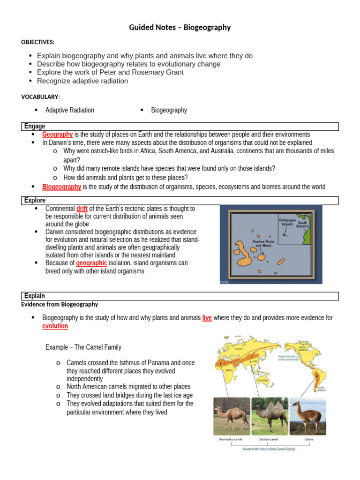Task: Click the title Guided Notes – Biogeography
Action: pos(180,27)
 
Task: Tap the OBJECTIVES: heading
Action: pos(38,42)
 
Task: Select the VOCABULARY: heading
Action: pos(40,97)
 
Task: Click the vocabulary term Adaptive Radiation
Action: pos(69,110)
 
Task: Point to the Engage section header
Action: pos(35,126)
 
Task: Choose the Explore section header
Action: pos(35,201)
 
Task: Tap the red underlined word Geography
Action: pos(57,135)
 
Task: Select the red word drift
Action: pos(82,209)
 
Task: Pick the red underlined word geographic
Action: pos(91,263)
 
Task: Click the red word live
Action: pos(207,318)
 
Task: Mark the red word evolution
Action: pos(55,326)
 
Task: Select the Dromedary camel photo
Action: pos(232,416)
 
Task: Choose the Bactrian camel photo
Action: pos(270,416)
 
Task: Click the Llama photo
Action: pos(308,416)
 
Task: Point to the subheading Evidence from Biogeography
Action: pos(60,304)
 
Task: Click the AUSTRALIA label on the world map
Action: pos(263,381)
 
